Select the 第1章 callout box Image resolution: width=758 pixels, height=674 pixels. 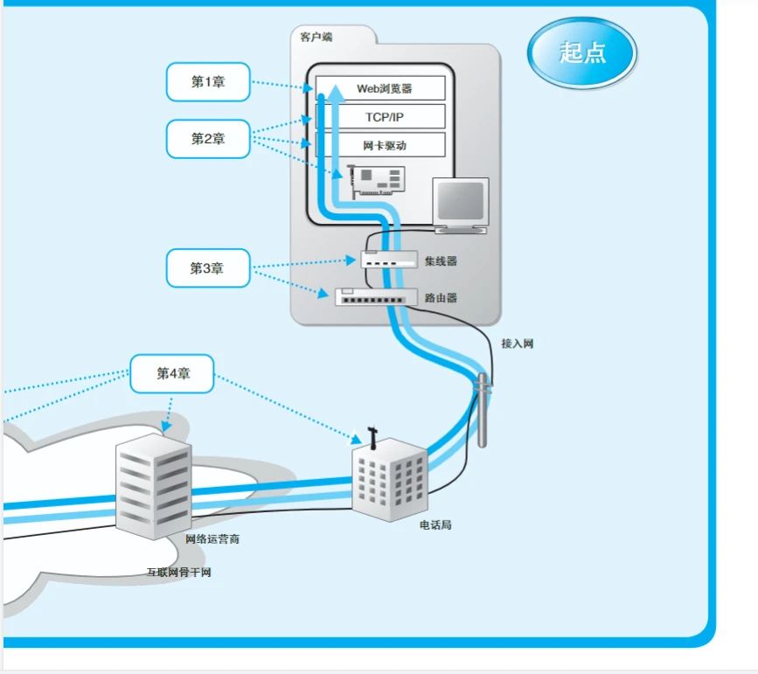point(208,82)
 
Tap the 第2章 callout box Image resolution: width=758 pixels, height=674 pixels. point(208,139)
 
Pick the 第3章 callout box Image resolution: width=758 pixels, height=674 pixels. point(208,268)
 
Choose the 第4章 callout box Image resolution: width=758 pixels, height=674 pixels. point(172,373)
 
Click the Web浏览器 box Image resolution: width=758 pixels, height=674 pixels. point(381,88)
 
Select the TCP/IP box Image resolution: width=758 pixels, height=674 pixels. point(381,116)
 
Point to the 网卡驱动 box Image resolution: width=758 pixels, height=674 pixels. point(381,145)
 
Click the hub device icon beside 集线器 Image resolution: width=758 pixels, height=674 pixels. point(389,260)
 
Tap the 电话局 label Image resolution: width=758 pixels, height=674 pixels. point(435,525)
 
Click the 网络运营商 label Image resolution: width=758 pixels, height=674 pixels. point(212,539)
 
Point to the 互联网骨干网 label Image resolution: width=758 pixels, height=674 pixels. point(178,573)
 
